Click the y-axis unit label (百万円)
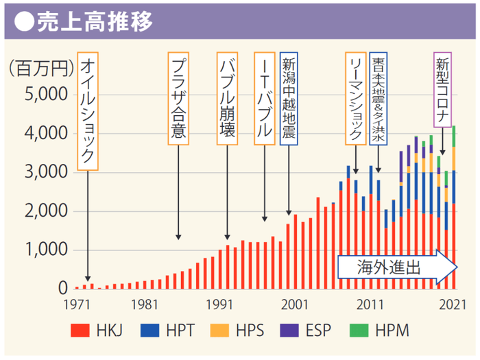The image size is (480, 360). click(x=39, y=68)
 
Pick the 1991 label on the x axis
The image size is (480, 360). click(x=219, y=304)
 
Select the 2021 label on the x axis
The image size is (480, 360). click(x=452, y=304)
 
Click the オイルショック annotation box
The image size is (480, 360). click(x=88, y=111)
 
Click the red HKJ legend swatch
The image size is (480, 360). click(x=81, y=331)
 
